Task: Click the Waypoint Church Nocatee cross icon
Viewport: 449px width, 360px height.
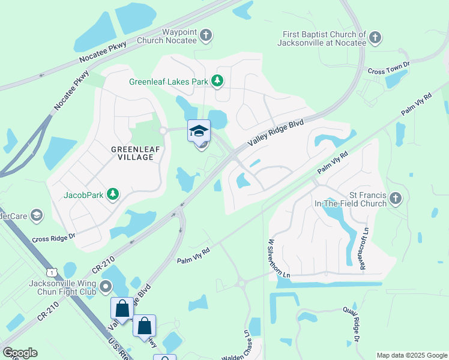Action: click(206, 35)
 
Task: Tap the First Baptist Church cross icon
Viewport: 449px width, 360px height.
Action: click(375, 38)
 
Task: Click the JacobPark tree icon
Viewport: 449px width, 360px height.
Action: click(112, 194)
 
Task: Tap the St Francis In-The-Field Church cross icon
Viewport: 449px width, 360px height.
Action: click(395, 198)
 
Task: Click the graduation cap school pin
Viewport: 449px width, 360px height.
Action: click(199, 131)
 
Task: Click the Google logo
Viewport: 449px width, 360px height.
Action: click(20, 353)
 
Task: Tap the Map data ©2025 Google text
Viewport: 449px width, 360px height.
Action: click(411, 355)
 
